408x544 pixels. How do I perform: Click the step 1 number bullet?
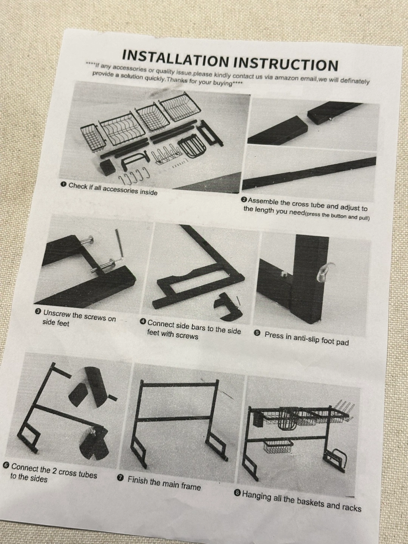(x=64, y=184)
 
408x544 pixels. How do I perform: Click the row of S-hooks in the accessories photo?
(x=134, y=175)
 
